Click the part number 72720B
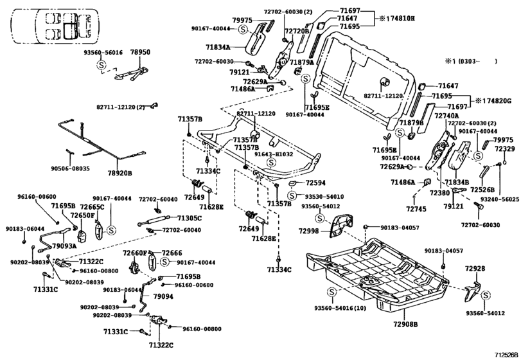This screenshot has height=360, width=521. (x=297, y=30)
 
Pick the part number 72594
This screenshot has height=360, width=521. (x=311, y=183)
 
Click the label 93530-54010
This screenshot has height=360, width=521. (x=324, y=197)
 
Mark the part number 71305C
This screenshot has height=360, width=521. (x=190, y=218)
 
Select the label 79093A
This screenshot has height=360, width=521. (x=64, y=245)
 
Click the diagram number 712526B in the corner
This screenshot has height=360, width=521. (x=505, y=354)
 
